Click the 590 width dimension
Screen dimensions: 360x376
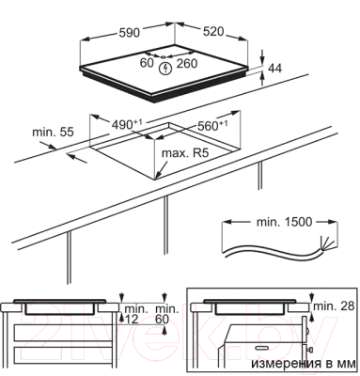click(x=129, y=32)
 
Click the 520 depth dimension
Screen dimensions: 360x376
click(x=213, y=31)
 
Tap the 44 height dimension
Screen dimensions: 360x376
click(x=275, y=69)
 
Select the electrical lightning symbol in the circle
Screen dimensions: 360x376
click(x=164, y=69)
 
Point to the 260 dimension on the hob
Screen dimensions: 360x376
click(x=187, y=64)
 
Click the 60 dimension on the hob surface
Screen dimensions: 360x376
click(x=147, y=63)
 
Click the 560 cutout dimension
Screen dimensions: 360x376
click(x=212, y=125)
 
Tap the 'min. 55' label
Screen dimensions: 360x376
click(x=53, y=132)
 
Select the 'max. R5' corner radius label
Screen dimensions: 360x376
click(x=185, y=153)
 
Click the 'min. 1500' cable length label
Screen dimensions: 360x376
click(x=285, y=222)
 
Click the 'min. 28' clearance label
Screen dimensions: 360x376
click(x=334, y=305)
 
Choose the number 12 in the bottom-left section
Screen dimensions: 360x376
click(x=132, y=320)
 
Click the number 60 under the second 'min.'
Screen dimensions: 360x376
click(x=162, y=320)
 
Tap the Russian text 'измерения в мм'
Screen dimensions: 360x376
click(x=304, y=364)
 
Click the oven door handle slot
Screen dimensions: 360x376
click(x=262, y=348)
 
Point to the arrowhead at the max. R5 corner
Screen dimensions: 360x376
click(x=159, y=175)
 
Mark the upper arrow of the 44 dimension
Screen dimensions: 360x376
click(x=262, y=57)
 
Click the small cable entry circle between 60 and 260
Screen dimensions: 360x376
click(x=164, y=57)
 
